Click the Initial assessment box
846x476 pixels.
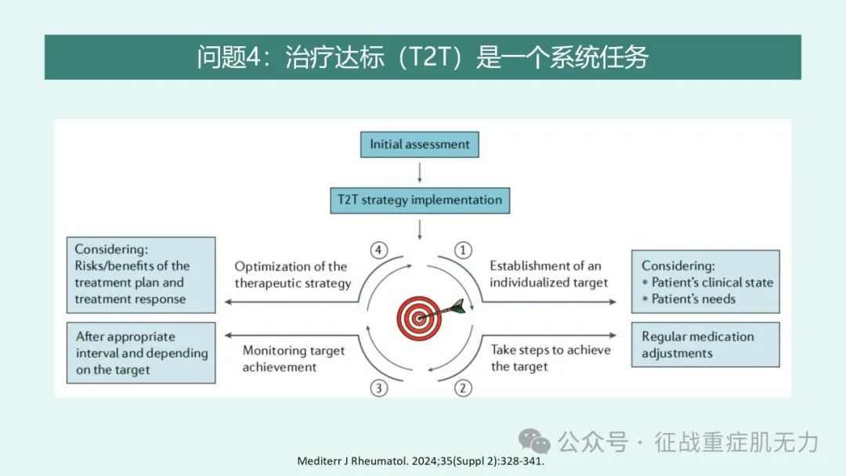(419, 145)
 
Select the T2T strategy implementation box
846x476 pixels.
(420, 200)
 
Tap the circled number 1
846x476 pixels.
(462, 250)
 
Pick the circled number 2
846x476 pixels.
(462, 388)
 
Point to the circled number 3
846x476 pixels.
(379, 388)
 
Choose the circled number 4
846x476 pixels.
(379, 250)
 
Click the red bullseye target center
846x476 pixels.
(418, 318)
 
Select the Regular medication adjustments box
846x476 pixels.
(705, 345)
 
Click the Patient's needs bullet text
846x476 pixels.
(689, 298)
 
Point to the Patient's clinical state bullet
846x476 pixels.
(707, 282)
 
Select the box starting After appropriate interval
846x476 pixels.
(141, 353)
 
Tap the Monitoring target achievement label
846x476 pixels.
(294, 359)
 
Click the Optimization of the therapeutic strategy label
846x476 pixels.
(293, 274)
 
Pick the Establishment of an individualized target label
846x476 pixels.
(548, 274)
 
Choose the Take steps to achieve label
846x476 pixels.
(551, 358)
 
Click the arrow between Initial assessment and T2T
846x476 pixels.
(420, 172)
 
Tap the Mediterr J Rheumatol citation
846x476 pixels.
(421, 461)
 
